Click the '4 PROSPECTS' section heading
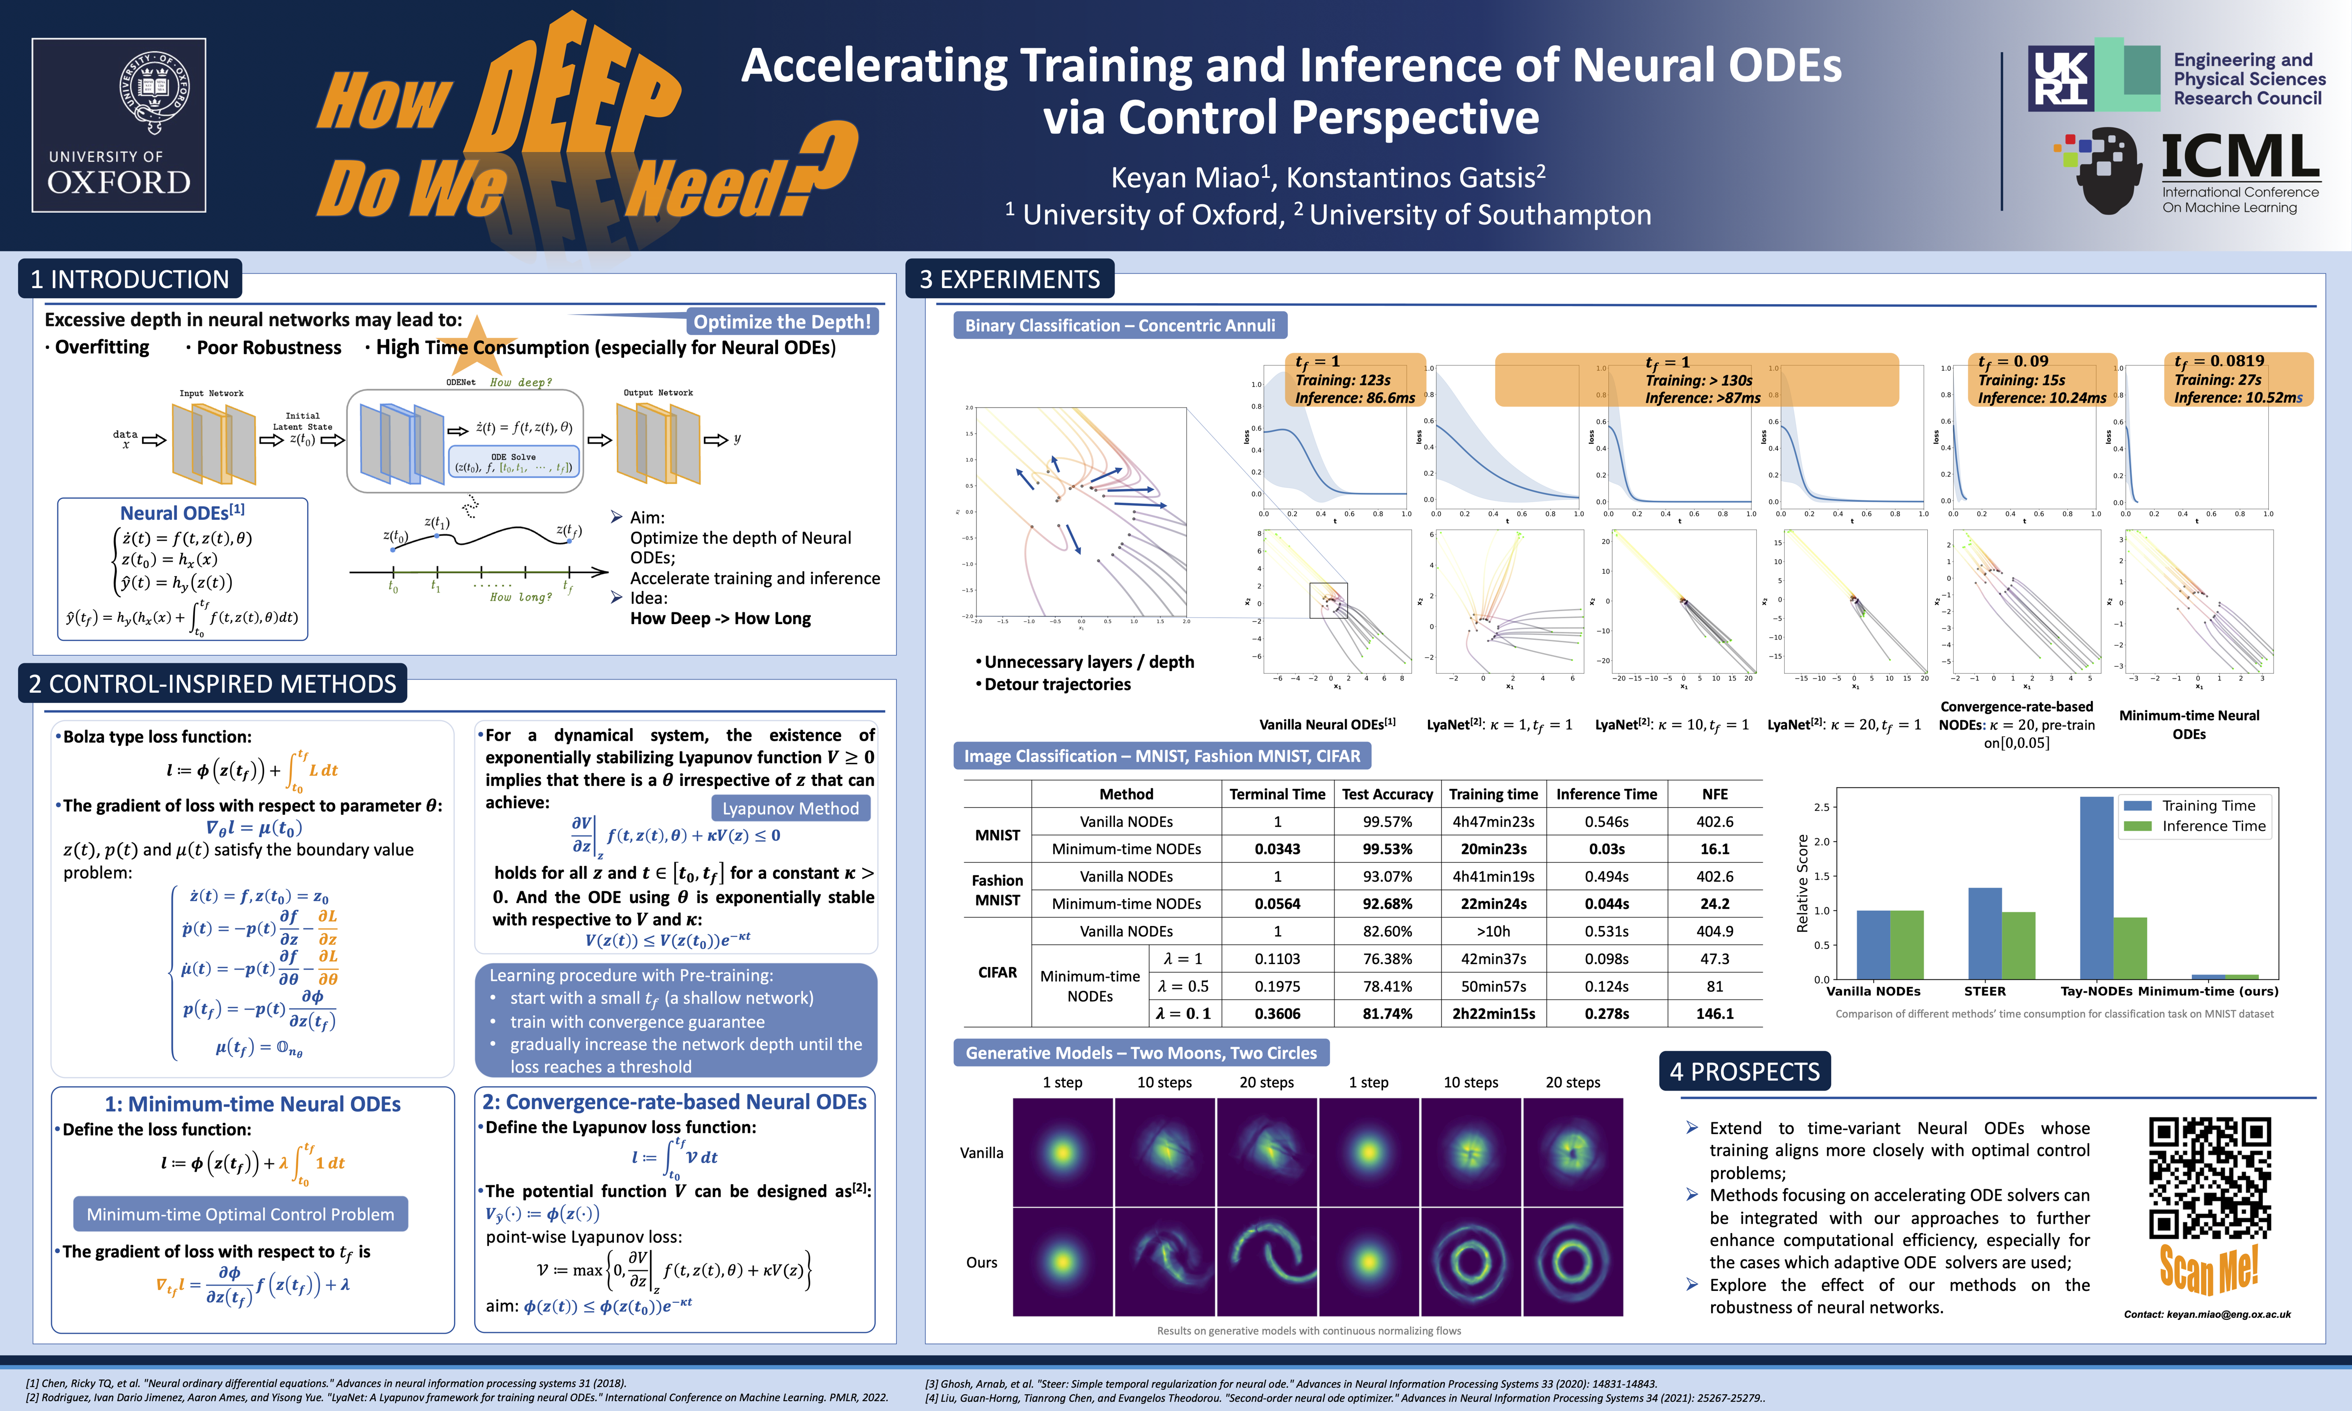(1745, 1071)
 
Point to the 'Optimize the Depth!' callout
(781, 321)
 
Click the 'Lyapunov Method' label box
(790, 808)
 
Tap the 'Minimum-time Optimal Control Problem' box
(241, 1214)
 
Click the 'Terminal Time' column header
(1277, 794)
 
